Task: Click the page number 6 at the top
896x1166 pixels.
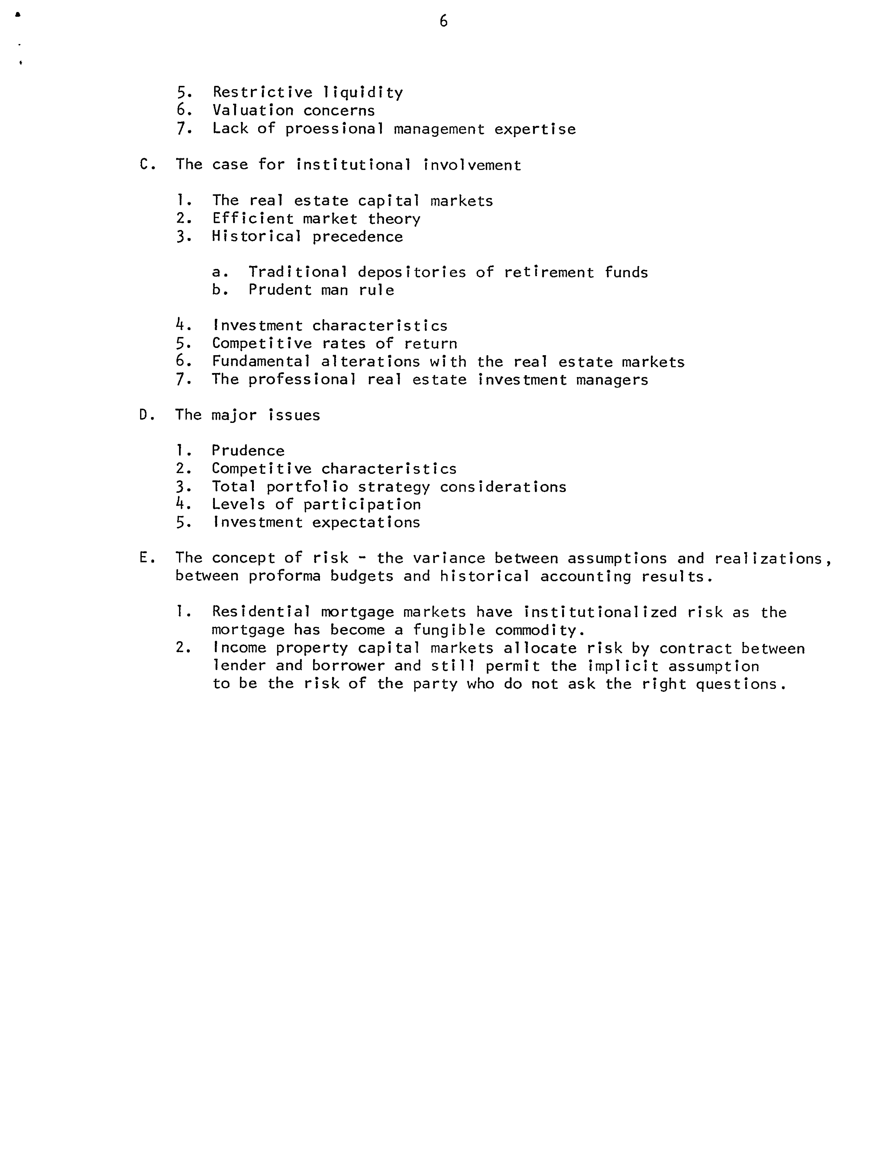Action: pyautogui.click(x=443, y=21)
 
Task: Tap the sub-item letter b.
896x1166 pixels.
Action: pyautogui.click(x=216, y=290)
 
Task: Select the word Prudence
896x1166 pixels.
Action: pyautogui.click(x=248, y=451)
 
